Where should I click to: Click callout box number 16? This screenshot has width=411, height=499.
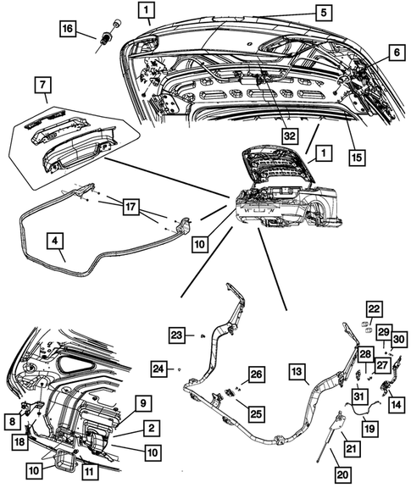coord(68,29)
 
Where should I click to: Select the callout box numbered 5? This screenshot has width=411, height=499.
coord(324,13)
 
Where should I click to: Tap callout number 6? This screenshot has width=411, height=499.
coord(397,53)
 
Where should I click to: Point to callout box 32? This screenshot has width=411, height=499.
coord(289,136)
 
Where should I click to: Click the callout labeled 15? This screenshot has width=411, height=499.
coord(357,158)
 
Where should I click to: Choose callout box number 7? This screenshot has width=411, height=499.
coord(42,86)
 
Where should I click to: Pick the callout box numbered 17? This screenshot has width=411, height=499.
coord(131,208)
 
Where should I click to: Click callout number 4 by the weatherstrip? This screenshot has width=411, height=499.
coord(55,241)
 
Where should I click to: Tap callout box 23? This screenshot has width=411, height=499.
coord(177,335)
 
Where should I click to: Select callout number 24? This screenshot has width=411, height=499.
coord(158,369)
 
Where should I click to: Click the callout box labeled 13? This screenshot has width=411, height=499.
coord(297,372)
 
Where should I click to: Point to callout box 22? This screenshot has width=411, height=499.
coord(374,308)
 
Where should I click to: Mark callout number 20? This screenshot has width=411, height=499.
coord(342,474)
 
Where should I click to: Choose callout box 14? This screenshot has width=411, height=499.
coord(397,405)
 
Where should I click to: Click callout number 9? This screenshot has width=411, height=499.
coord(143,403)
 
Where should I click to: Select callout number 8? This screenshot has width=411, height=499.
coord(13,422)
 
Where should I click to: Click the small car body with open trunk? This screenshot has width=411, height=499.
coord(288,190)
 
